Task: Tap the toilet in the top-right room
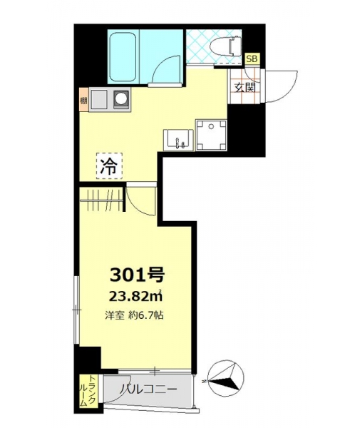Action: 225,46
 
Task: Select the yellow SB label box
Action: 252,59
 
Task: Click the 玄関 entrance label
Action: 245,88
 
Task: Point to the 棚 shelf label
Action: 83,101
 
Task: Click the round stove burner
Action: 120,98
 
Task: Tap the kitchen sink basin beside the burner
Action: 98,99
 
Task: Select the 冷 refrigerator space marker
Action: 109,166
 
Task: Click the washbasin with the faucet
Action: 178,140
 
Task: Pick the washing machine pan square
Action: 211,135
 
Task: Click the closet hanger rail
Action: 101,200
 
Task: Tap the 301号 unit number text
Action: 137,275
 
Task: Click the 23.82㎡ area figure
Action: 135,296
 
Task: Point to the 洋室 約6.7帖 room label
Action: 135,316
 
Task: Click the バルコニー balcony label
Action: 148,389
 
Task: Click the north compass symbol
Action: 225,378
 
